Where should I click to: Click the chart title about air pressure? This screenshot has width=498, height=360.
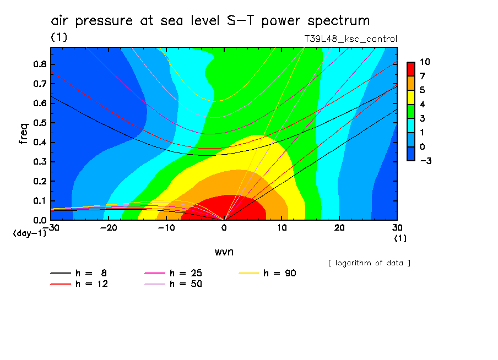pyautogui.click(x=210, y=21)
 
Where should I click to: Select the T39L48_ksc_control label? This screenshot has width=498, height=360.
pyautogui.click(x=351, y=39)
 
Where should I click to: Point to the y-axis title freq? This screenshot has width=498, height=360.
pyautogui.click(x=24, y=133)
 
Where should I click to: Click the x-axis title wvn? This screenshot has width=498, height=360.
pyautogui.click(x=224, y=252)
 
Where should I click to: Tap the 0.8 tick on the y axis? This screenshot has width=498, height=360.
pyautogui.click(x=39, y=64)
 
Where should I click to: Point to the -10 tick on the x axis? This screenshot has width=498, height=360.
pyautogui.click(x=166, y=227)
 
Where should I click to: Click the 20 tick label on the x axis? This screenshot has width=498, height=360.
pyautogui.click(x=339, y=227)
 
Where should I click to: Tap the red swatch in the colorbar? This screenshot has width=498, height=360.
pyautogui.click(x=411, y=69)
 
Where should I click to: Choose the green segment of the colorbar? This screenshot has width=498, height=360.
pyautogui.click(x=411, y=111)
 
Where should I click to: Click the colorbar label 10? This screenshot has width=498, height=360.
pyautogui.click(x=425, y=62)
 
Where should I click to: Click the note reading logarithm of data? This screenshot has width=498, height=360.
pyautogui.click(x=369, y=263)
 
